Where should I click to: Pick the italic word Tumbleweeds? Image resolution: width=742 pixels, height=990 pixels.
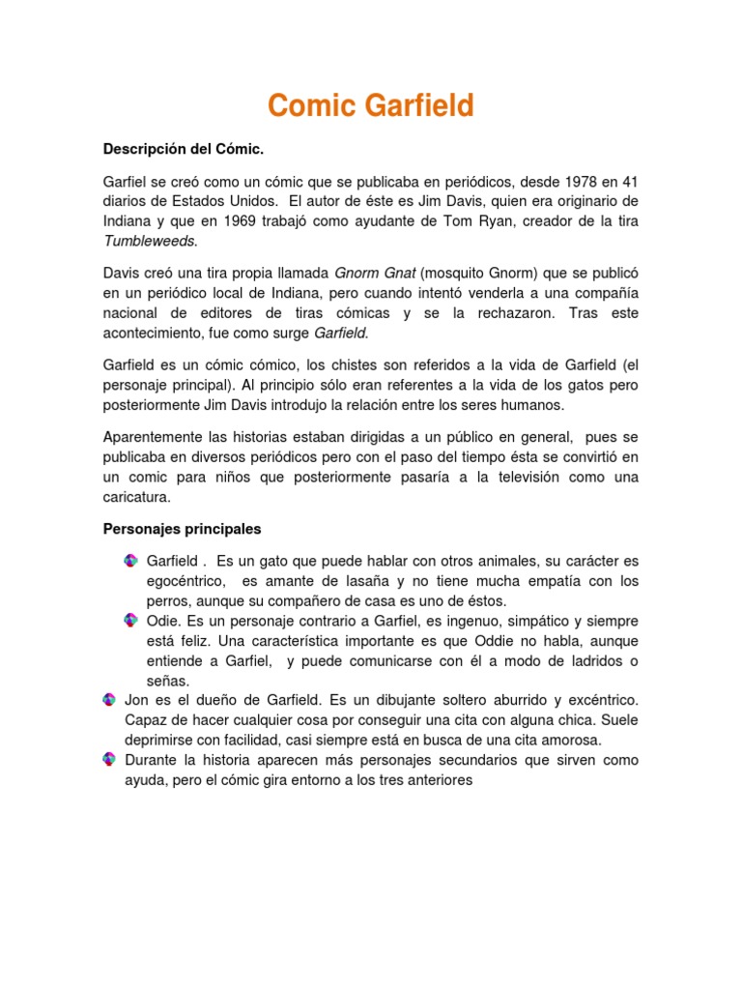click(149, 242)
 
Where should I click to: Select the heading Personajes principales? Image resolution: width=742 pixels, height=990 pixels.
click(182, 530)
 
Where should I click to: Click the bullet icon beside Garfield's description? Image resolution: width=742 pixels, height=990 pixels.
click(130, 561)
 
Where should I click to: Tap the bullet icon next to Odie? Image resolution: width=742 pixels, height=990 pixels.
click(130, 620)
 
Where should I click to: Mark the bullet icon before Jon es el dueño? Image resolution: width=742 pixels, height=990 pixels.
click(109, 699)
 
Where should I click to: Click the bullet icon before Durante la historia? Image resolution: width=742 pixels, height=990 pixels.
click(109, 760)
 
